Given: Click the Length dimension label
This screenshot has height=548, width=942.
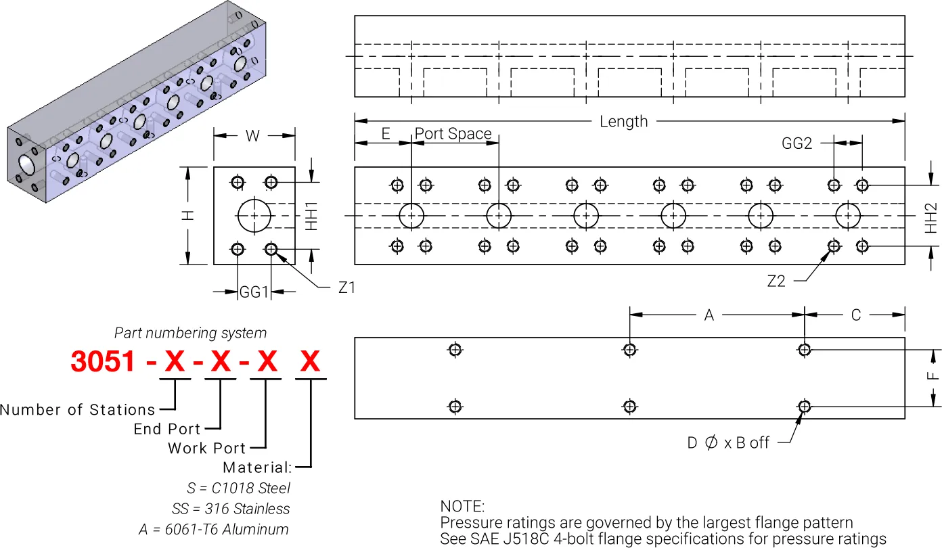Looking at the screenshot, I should click(x=623, y=122).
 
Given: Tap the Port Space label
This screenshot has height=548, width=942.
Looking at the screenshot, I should click(x=453, y=134).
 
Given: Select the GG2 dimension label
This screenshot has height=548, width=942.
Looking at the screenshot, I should click(x=797, y=143).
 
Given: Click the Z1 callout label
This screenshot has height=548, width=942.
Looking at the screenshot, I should click(x=346, y=288).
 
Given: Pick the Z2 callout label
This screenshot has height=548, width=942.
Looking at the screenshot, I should click(x=776, y=281).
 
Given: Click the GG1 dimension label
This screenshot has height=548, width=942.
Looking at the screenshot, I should click(x=254, y=292).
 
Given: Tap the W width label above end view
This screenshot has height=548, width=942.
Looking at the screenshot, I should click(x=252, y=136).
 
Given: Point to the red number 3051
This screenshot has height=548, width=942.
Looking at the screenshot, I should click(x=103, y=362).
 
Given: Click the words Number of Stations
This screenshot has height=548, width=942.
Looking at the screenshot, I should click(x=77, y=409).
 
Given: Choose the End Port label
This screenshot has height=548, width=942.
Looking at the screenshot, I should click(x=166, y=429).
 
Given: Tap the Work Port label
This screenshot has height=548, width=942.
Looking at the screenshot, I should click(x=206, y=448).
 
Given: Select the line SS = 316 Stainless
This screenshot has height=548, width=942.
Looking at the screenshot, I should click(x=231, y=509).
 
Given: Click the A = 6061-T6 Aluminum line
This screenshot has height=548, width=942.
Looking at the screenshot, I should click(x=214, y=529).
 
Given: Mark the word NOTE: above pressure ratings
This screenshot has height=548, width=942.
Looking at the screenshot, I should click(x=462, y=506).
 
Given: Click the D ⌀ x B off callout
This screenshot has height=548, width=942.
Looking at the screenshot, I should click(x=728, y=443).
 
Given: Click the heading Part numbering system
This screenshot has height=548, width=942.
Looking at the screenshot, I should click(x=190, y=333).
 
